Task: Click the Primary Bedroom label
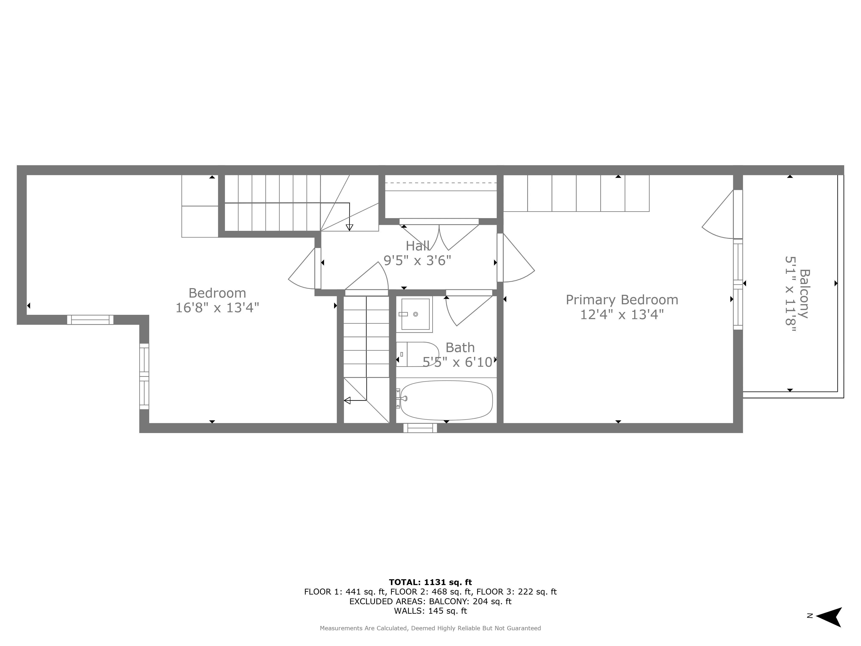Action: [622, 300]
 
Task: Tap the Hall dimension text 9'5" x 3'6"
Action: [417, 261]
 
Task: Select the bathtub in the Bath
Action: [446, 400]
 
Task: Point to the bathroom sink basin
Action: [415, 314]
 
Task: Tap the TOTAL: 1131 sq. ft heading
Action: [430, 582]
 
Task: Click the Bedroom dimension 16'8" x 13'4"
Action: [217, 308]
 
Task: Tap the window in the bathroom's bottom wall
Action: [420, 428]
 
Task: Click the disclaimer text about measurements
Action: [430, 628]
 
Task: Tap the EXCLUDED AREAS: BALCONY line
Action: [430, 601]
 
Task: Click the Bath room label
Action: [460, 347]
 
